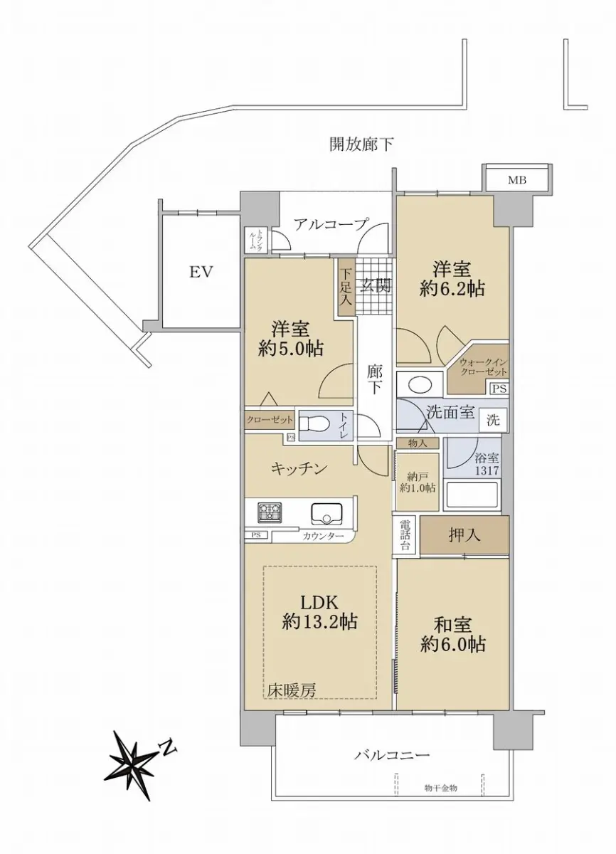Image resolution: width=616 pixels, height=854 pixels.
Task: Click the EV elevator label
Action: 201,273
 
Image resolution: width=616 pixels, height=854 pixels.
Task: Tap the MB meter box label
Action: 517,180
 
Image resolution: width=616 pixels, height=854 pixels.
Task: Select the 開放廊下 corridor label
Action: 361,144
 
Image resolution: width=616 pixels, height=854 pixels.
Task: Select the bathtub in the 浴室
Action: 471,495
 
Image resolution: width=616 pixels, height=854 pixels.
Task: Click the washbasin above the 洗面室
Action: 420,384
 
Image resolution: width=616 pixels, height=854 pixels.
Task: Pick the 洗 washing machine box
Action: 494,420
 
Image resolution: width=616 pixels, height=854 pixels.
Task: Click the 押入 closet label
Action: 464,536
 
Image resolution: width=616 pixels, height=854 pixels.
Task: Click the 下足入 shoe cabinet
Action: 346,287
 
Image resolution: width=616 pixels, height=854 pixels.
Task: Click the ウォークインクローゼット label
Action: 483,367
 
